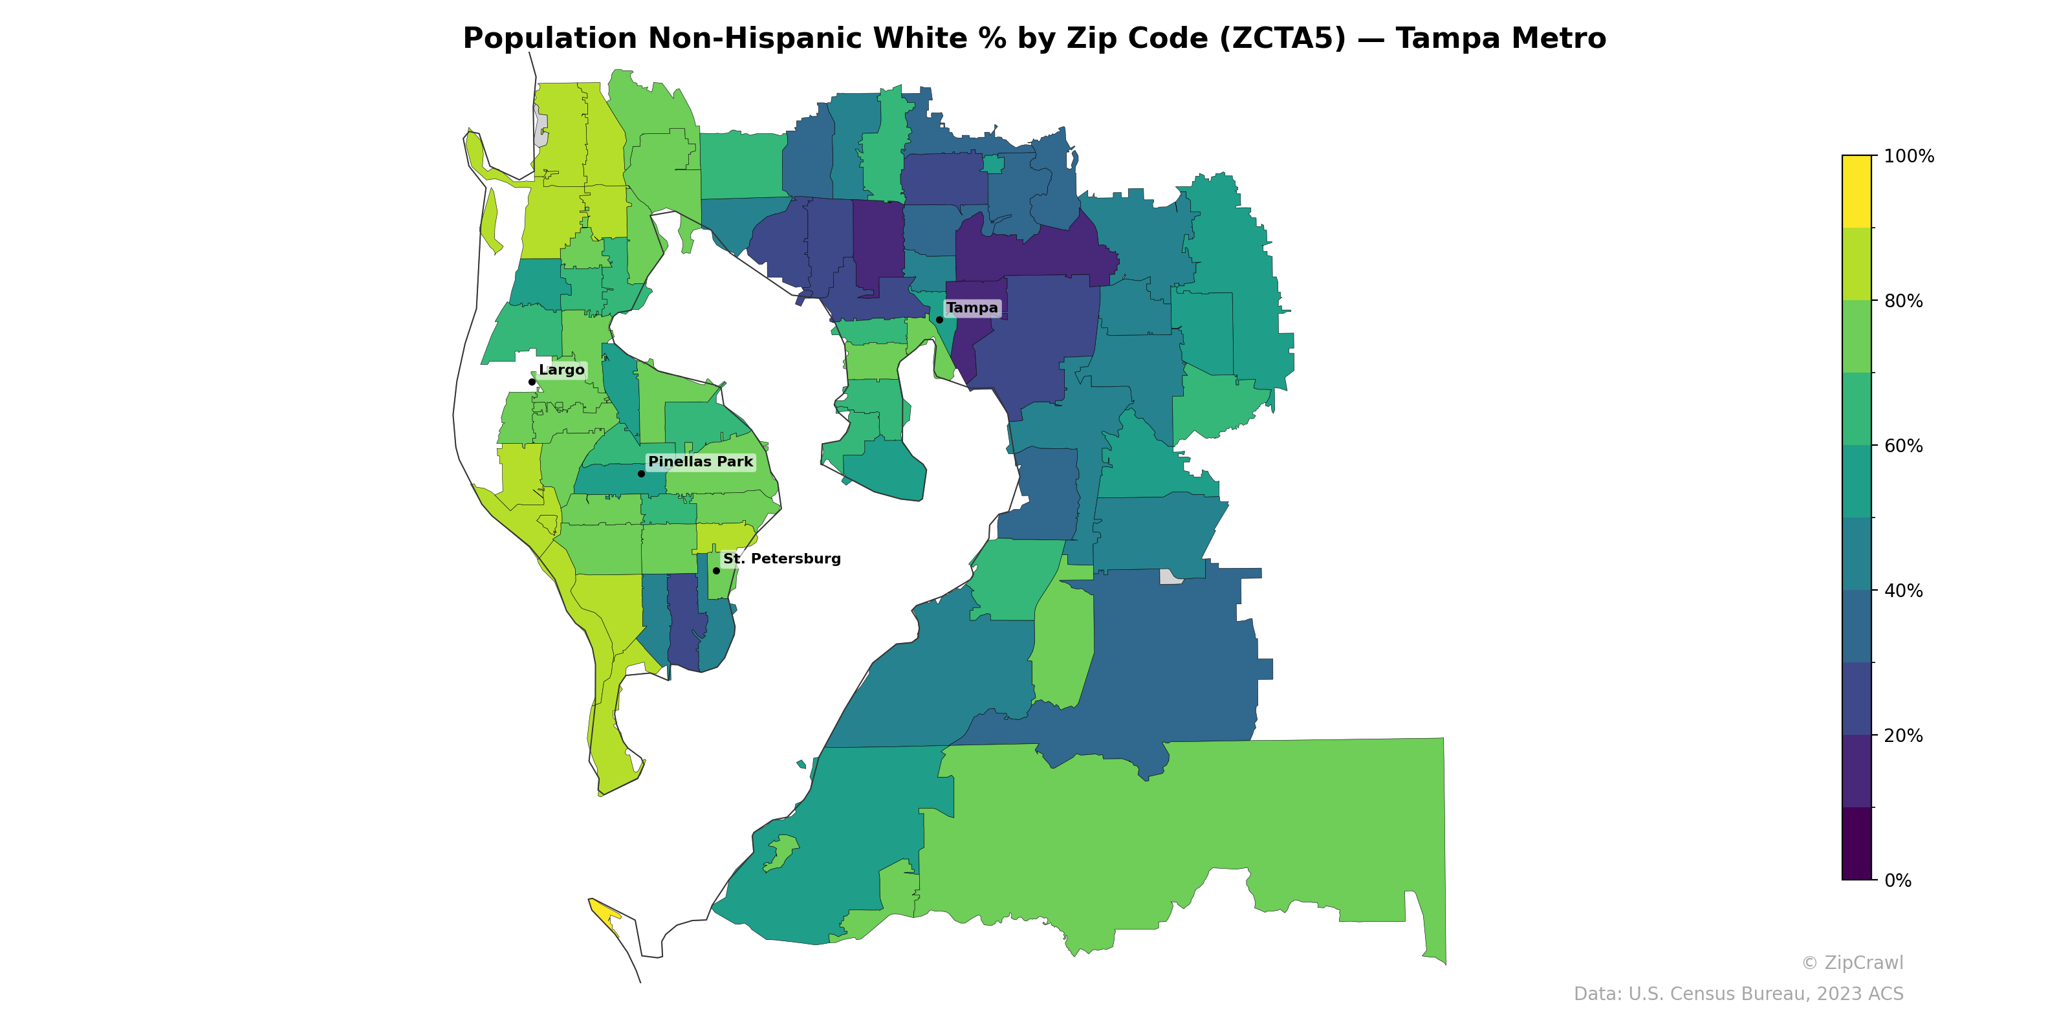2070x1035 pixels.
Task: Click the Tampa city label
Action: [x=972, y=308]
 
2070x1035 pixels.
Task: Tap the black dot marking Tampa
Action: [x=939, y=320]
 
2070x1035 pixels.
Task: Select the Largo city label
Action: [x=561, y=369]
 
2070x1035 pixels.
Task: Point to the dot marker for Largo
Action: [x=532, y=382]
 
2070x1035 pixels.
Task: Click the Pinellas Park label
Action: [x=700, y=461]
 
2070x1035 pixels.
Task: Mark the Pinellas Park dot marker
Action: [x=641, y=474]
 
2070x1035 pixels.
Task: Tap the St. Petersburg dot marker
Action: [x=716, y=571]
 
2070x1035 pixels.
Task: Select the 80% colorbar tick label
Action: [x=1903, y=301]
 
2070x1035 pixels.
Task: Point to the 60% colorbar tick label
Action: [x=1903, y=446]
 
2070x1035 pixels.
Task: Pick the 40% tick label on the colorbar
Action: [x=1903, y=591]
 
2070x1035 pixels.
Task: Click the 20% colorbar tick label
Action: [x=1903, y=735]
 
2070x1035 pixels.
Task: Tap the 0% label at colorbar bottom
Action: [x=1897, y=880]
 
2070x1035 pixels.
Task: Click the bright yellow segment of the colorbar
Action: [x=1857, y=191]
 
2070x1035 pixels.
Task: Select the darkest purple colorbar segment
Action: [x=1857, y=844]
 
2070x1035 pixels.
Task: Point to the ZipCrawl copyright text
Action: [x=1851, y=963]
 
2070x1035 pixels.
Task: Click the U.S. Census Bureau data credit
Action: [x=1738, y=994]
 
